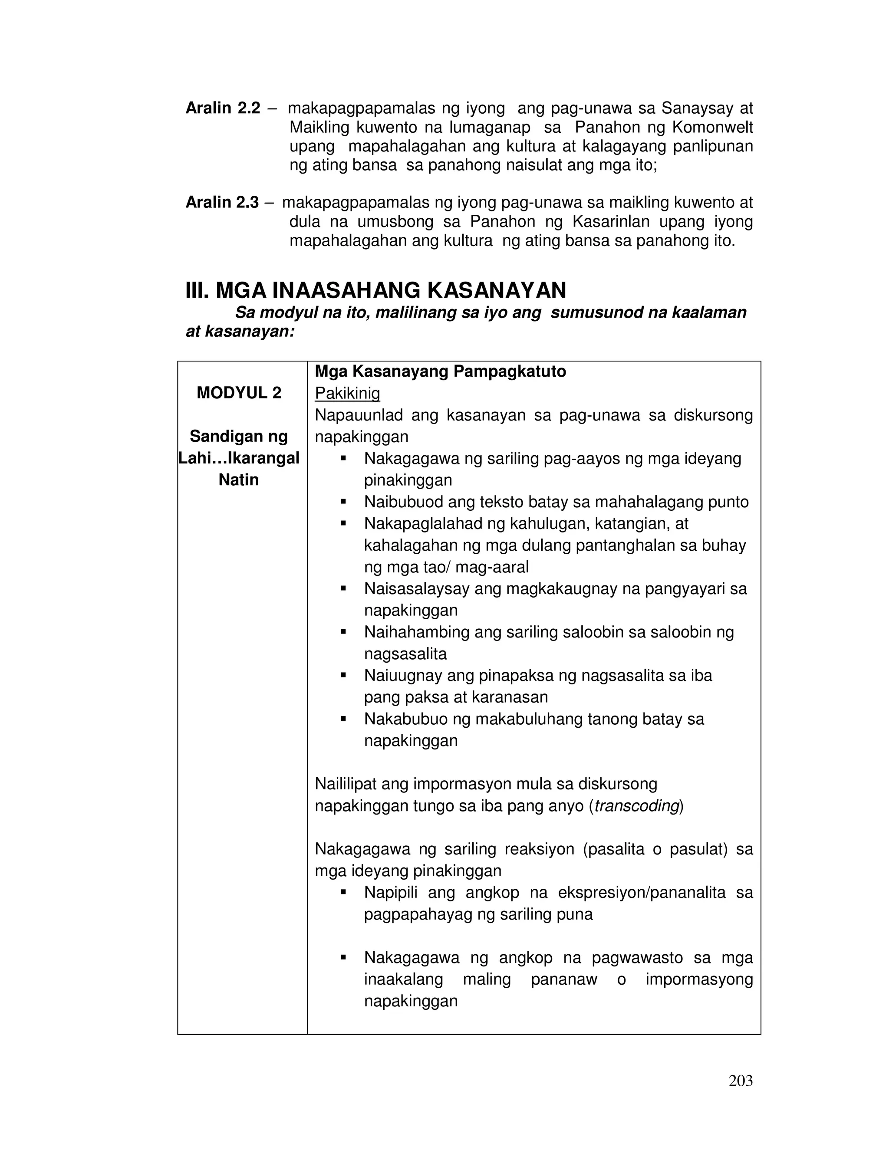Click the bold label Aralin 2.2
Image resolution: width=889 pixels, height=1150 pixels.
point(223,108)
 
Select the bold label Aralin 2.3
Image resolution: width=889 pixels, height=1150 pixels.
point(222,202)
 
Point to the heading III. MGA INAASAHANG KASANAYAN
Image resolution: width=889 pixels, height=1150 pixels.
point(375,290)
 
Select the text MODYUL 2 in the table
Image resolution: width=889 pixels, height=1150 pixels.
point(239,393)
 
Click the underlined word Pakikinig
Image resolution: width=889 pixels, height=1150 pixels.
point(347,393)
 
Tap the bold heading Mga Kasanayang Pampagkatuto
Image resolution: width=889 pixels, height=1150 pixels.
point(440,371)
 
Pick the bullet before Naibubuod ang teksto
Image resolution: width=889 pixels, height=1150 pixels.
point(343,502)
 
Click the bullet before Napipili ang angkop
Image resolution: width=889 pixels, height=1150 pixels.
point(343,893)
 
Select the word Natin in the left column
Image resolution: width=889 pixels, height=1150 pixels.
point(239,480)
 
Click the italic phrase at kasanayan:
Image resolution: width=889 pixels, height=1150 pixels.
point(240,332)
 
